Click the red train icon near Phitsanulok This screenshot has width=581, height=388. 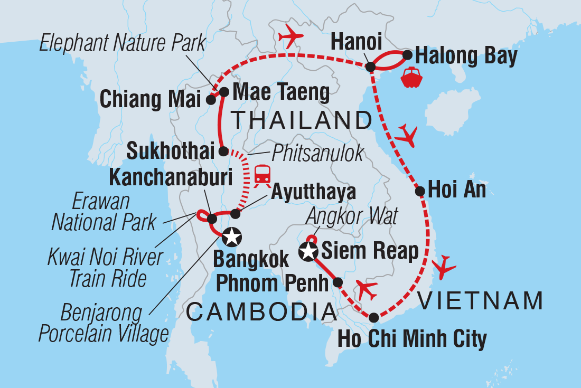(x=263, y=174)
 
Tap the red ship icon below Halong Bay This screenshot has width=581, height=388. (x=411, y=77)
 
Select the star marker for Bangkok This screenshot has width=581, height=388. (x=232, y=237)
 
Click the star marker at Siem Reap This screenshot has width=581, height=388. (x=308, y=252)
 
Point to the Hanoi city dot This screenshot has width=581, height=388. (x=371, y=67)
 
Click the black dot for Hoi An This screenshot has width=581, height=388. (x=420, y=191)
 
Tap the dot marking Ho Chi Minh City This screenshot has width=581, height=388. (x=373, y=318)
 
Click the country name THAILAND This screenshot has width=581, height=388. (x=302, y=121)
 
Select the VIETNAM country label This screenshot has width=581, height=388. (x=480, y=301)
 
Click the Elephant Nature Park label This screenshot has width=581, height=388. (x=123, y=43)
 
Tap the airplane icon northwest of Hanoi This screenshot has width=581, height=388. (x=289, y=36)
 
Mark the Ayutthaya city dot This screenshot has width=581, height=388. (x=236, y=214)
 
